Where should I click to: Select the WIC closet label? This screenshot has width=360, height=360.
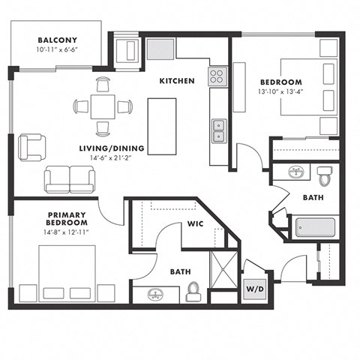pos(195,223)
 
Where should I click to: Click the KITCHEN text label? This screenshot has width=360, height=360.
pos(177,81)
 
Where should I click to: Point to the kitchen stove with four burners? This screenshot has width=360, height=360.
pos(218,76)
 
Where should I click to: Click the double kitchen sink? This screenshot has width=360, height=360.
pos(218,130)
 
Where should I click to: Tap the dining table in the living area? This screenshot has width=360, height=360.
pos(103,106)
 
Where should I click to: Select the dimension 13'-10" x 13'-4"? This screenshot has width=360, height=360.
pos(281,93)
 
